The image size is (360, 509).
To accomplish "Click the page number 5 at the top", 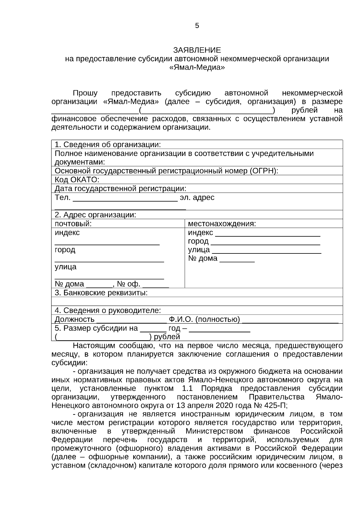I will (197, 26).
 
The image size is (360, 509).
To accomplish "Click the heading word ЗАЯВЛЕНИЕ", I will (197, 50).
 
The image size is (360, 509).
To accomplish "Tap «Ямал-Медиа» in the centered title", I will (197, 67).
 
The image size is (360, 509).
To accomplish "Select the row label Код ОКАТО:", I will (77, 180).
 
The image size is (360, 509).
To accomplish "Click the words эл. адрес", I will (197, 198).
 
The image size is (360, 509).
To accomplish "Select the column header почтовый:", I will (73, 224).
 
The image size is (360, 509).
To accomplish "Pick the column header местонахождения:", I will (222, 224).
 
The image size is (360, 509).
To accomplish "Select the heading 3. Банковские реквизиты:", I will (101, 293).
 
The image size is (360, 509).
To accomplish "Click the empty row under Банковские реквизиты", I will (197, 301).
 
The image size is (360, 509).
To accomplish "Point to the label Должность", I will (74, 319).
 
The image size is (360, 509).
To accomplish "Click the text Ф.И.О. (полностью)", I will (204, 319).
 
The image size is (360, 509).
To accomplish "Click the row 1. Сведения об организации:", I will (108, 145).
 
